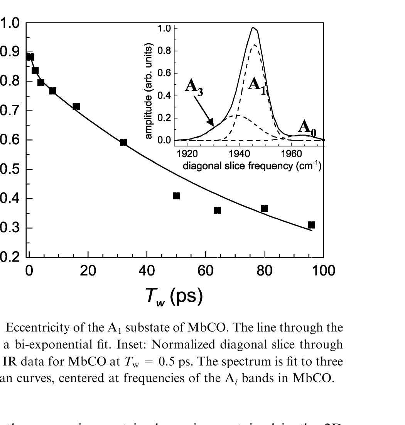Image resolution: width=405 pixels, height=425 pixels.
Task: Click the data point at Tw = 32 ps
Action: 123,142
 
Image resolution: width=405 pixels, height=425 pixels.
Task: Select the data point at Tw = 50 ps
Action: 176,196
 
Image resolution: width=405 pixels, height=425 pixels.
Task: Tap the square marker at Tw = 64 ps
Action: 217,210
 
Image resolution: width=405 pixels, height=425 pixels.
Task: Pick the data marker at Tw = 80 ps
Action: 265,209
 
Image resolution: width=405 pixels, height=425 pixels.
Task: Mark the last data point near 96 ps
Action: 312,225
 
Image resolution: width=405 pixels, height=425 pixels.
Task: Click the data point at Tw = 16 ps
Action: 76,106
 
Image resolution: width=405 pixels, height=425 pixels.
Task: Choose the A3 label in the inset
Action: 194,86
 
